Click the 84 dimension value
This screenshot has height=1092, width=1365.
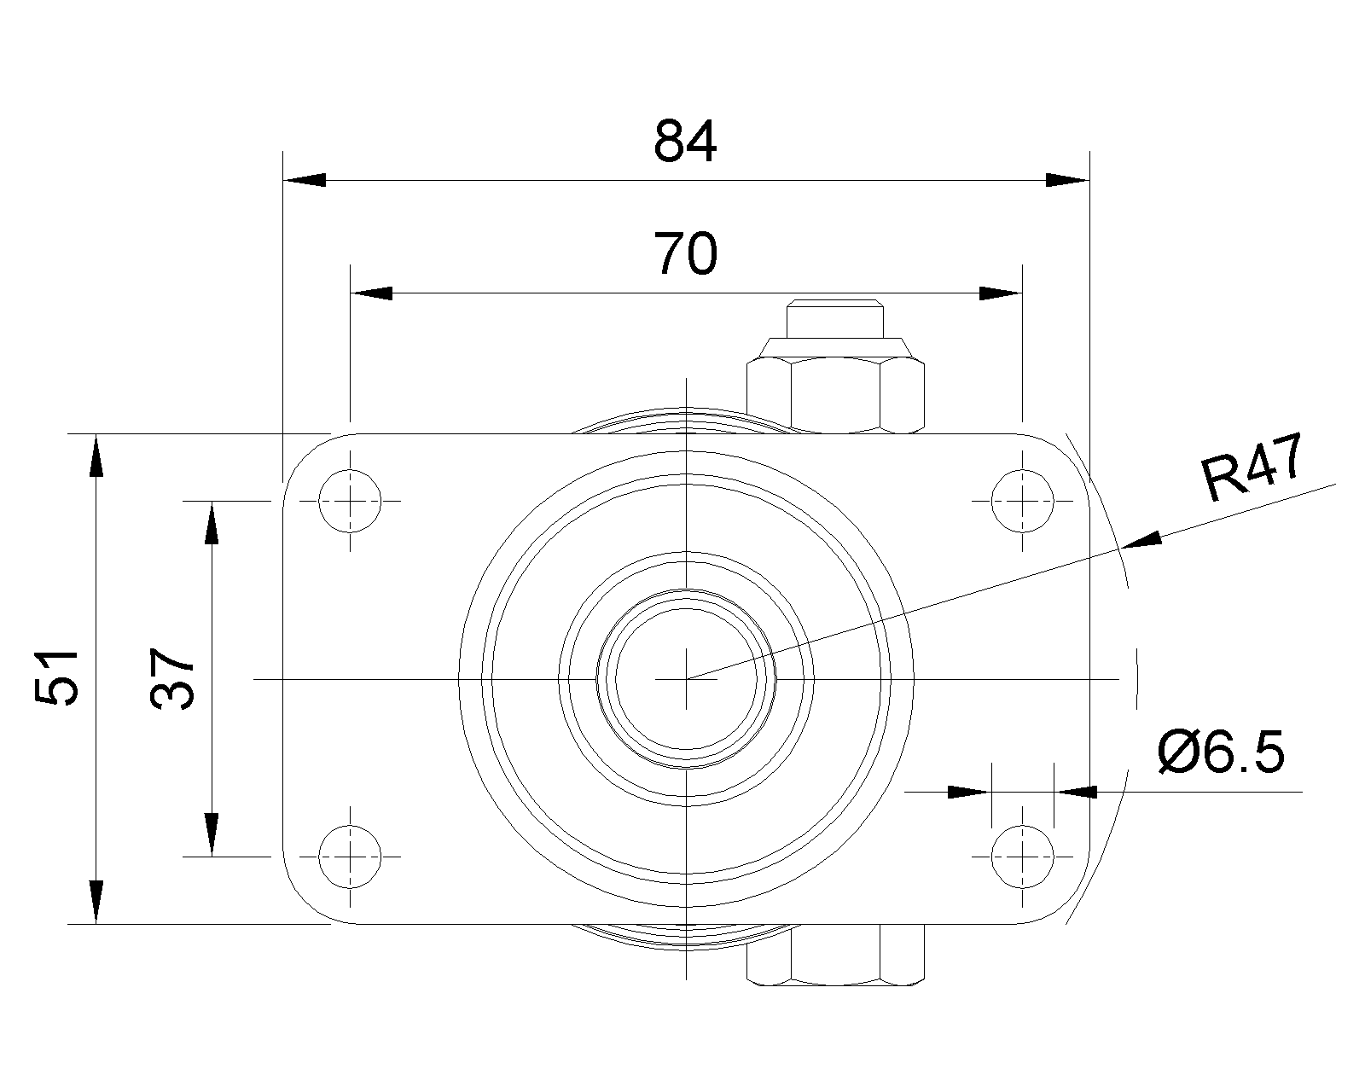click(x=685, y=141)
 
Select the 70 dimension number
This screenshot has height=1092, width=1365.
click(x=685, y=254)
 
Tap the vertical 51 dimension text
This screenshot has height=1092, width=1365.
click(x=55, y=677)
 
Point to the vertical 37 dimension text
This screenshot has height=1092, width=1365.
click(x=171, y=678)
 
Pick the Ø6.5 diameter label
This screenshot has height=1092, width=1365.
click(x=1221, y=752)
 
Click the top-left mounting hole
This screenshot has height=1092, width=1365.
click(x=350, y=502)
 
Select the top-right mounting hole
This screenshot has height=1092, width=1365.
click(x=1023, y=502)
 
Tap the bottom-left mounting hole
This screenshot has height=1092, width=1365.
click(x=350, y=857)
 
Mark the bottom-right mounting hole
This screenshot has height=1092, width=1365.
click(x=1023, y=857)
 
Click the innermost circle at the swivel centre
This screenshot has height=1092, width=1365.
click(x=686, y=679)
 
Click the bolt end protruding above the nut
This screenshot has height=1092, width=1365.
click(x=834, y=318)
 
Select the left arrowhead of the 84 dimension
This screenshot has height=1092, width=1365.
click(x=305, y=180)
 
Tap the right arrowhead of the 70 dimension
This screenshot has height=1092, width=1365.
click(x=1001, y=293)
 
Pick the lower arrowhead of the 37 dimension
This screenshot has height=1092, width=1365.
click(x=212, y=835)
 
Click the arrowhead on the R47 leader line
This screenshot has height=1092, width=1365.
click(x=1141, y=541)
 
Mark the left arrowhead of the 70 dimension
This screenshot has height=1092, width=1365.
click(x=372, y=293)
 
